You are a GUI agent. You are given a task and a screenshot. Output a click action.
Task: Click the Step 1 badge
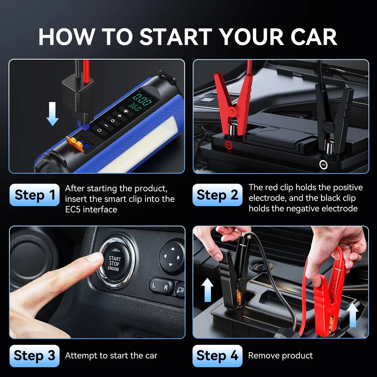34,195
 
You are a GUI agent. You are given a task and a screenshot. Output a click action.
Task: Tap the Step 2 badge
217,195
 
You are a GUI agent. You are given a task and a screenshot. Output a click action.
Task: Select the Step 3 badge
34,356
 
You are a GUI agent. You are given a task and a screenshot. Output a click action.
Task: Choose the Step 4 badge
217,356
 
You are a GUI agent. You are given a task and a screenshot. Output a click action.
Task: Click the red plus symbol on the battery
229,145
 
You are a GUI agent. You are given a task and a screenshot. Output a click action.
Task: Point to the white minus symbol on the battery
323,165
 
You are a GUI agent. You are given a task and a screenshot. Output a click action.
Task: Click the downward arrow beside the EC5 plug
53,114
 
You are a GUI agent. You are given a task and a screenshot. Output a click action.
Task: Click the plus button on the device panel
120,116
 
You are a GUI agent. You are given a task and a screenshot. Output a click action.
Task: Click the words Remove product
280,356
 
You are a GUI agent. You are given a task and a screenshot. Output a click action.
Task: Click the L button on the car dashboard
154,286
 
